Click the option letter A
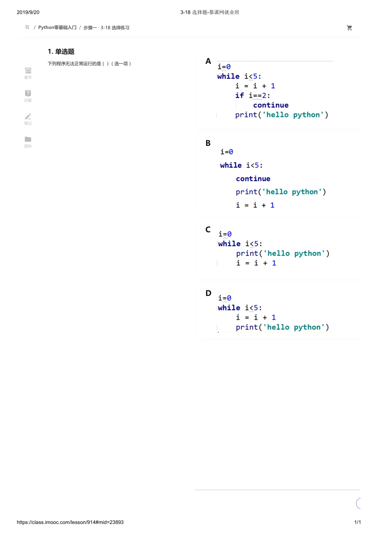pyautogui.click(x=208, y=61)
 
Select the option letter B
pyautogui.click(x=208, y=143)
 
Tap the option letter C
pyautogui.click(x=208, y=230)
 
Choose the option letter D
pyautogui.click(x=208, y=293)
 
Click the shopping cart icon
pyautogui.click(x=349, y=28)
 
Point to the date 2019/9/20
pyautogui.click(x=28, y=12)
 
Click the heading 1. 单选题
pyautogui.click(x=61, y=52)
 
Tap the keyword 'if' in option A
pyautogui.click(x=240, y=95)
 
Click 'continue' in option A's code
pyautogui.click(x=271, y=105)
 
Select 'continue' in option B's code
pyautogui.click(x=253, y=179)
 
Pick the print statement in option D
pyautogui.click(x=282, y=327)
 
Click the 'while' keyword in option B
pyautogui.click(x=231, y=165)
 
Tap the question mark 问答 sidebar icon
pyautogui.click(x=28, y=93)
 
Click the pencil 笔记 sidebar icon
pyautogui.click(x=28, y=117)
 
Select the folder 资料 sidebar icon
pyautogui.click(x=28, y=139)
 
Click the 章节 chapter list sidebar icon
pyautogui.click(x=28, y=70)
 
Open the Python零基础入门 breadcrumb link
pyautogui.click(x=57, y=27)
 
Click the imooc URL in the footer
pyautogui.click(x=70, y=522)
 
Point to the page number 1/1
pyautogui.click(x=357, y=522)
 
